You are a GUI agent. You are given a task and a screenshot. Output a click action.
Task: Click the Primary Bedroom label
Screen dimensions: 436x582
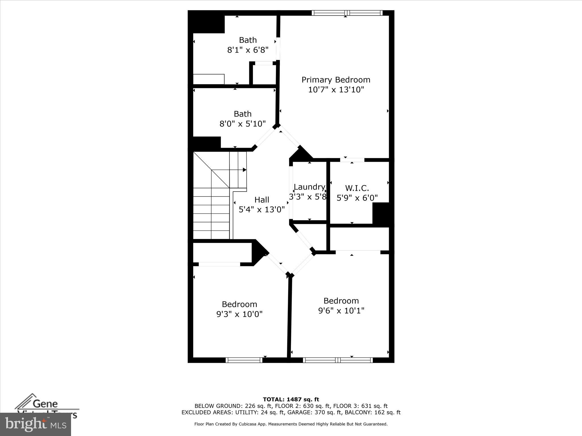(x=336, y=80)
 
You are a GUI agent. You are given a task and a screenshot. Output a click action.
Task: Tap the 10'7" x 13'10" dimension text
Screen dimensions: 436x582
(x=336, y=90)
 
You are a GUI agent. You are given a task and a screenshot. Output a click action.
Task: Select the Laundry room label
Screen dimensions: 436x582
(x=309, y=187)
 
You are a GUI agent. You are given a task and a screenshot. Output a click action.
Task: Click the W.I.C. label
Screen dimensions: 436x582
(x=357, y=188)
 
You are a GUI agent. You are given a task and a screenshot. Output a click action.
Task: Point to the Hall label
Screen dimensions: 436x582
(x=262, y=200)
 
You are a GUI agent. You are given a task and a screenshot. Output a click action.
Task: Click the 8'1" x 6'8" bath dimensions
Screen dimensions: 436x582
(x=248, y=50)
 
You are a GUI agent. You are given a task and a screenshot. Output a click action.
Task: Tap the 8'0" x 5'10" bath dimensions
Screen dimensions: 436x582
(x=242, y=124)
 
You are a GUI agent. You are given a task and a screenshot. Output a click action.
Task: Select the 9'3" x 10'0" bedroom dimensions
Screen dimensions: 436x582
(x=239, y=314)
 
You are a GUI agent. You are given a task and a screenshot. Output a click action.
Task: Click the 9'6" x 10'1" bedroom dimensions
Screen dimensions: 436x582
(x=341, y=311)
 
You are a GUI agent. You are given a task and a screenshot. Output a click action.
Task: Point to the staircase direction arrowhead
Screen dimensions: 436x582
(x=244, y=170)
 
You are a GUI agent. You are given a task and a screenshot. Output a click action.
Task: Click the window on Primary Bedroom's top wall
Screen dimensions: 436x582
(x=347, y=13)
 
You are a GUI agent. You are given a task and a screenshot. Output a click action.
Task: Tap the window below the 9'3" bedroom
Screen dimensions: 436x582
(x=244, y=360)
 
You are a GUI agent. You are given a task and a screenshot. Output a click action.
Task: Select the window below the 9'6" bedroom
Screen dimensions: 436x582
(x=338, y=360)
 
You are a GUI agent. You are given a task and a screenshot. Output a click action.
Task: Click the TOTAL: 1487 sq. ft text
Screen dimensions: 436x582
(x=291, y=400)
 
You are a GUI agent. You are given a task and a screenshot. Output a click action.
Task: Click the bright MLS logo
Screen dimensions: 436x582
(x=35, y=424)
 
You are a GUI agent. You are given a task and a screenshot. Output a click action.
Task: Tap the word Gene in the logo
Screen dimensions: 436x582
(x=45, y=403)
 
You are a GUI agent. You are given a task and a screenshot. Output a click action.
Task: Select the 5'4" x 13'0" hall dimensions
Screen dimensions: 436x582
(x=262, y=209)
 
